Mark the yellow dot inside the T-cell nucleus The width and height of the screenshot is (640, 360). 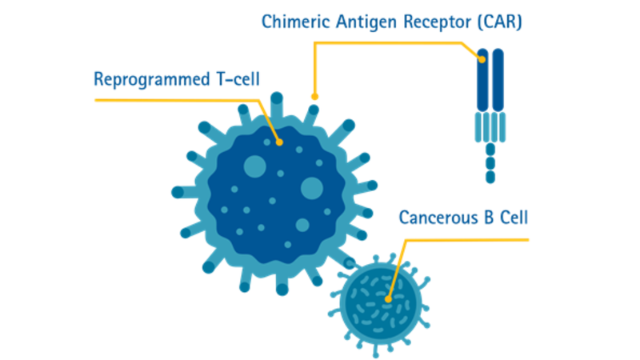coord(279,142)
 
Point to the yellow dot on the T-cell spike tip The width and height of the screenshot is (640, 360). coord(314,97)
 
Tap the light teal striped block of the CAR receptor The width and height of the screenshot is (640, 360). coord(490,126)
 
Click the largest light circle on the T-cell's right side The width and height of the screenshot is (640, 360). coord(311,189)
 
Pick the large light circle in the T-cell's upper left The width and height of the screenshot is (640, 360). coord(254,166)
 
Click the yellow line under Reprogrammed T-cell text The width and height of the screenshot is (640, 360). coord(176,100)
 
